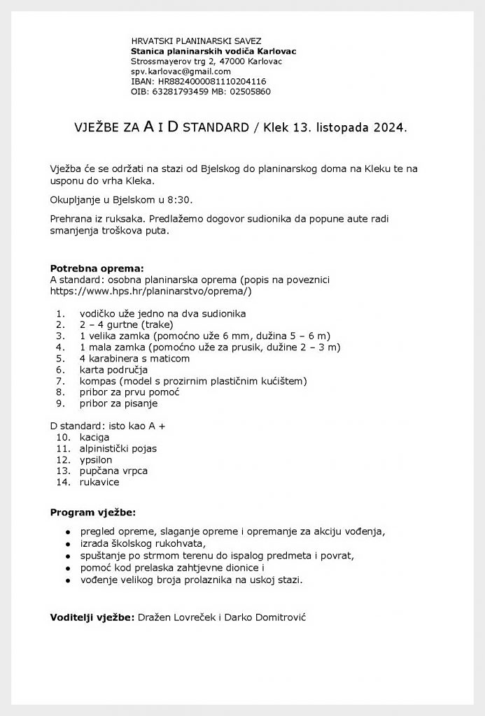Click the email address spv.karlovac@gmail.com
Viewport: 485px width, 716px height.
[x=181, y=71]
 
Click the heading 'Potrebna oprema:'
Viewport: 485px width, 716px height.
[x=97, y=268]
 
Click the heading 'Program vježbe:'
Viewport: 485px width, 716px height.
[x=93, y=513]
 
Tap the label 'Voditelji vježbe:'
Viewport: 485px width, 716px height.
[x=92, y=617]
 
